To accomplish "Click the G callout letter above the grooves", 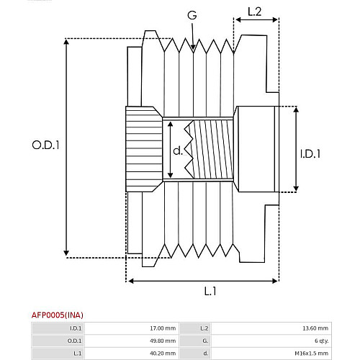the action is click(x=192, y=15).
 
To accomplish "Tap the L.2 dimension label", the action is click(x=254, y=12).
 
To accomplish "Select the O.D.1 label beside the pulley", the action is click(x=45, y=145).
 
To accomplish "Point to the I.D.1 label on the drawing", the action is click(x=310, y=154).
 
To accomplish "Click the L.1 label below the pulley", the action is click(x=210, y=291).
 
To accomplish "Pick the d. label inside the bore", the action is click(x=178, y=150).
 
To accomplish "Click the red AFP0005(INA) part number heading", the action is click(x=58, y=315).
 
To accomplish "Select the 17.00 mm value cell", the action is click(x=163, y=328).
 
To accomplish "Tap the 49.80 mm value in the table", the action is click(x=163, y=341).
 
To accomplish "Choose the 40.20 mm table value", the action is click(x=163, y=354).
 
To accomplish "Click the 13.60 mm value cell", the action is click(x=315, y=328).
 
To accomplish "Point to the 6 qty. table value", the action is click(x=321, y=341).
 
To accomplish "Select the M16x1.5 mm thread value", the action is click(x=311, y=354).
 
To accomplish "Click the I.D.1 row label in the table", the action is click(x=76, y=328).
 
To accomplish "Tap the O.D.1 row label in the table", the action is click(x=74, y=341).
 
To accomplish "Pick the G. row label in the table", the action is click(x=205, y=341).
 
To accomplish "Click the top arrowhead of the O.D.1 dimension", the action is click(x=66, y=40).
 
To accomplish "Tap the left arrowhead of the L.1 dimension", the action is click(x=128, y=281).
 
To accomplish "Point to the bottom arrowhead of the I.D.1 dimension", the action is click(x=296, y=191).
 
